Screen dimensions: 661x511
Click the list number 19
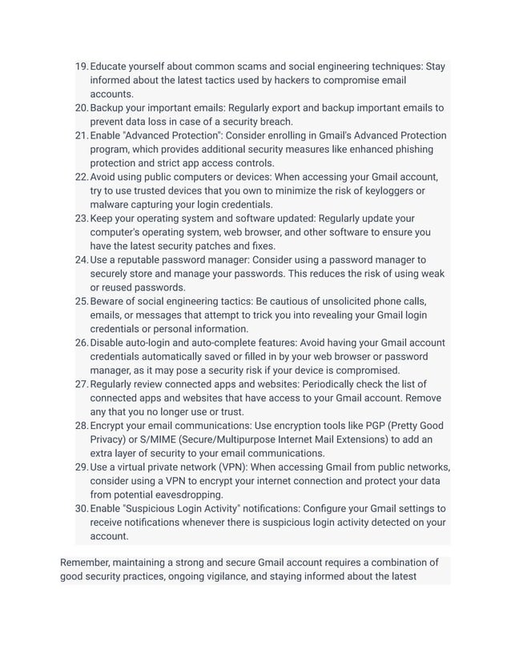coord(81,66)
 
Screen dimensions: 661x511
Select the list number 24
coord(81,259)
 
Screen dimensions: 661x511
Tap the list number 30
coord(81,508)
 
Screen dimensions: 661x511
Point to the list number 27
coord(81,384)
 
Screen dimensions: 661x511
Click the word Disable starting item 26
coord(110,343)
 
